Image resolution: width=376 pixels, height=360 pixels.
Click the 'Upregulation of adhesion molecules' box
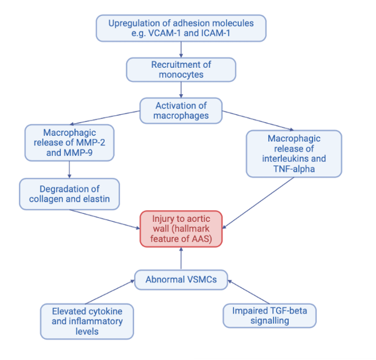coord(181,28)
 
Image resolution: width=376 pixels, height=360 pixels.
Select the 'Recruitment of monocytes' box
coord(181,69)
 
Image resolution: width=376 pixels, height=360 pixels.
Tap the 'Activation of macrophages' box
coord(181,111)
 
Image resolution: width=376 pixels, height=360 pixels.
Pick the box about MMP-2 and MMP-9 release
coord(69,143)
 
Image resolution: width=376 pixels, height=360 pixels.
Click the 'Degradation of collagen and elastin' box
coord(69,194)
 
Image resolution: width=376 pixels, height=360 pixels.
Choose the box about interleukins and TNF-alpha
coord(293,154)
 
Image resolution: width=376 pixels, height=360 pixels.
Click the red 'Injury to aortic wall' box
coord(181,228)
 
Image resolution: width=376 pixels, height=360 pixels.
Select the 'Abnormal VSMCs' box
coord(181,280)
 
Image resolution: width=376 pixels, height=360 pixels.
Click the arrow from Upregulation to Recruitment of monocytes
coord(181,49)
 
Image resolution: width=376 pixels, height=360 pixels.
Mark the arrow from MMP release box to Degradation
coord(69,169)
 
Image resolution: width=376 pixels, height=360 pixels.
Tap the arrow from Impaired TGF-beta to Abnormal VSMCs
coord(248,291)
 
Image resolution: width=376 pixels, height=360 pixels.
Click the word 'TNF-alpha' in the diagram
coord(293,169)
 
